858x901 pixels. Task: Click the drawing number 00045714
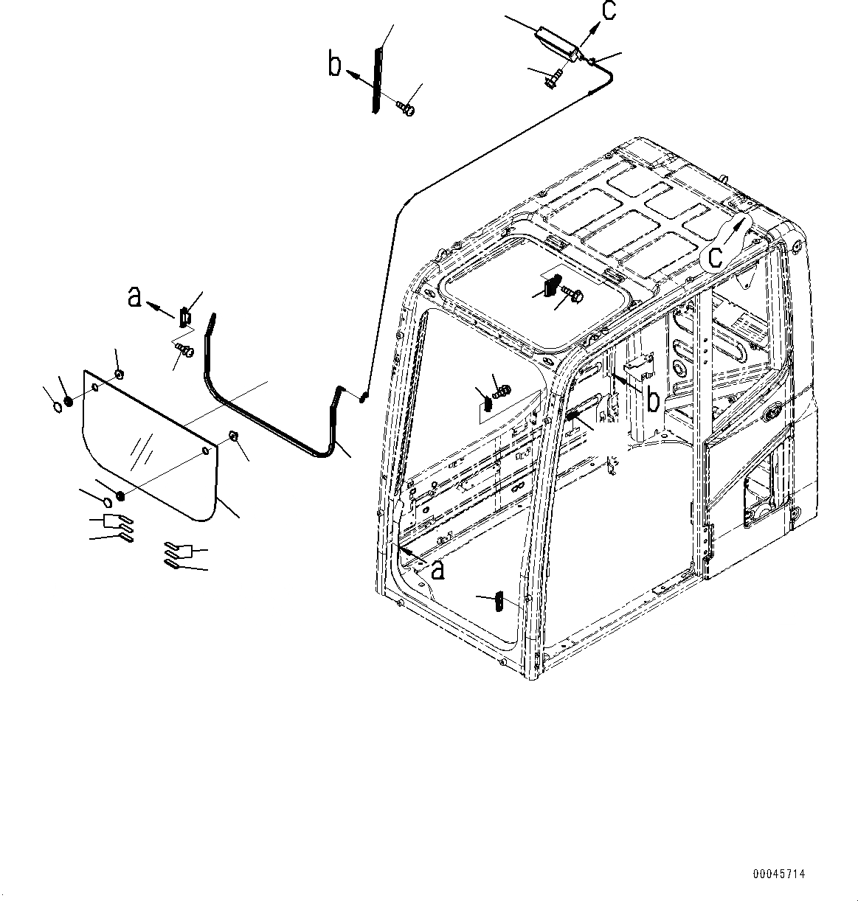click(779, 874)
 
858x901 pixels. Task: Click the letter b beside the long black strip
click(335, 66)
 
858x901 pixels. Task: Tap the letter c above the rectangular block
click(608, 13)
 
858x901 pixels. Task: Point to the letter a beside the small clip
click(134, 296)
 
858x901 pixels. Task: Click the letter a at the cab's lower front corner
click(438, 568)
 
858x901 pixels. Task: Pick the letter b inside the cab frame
click(653, 399)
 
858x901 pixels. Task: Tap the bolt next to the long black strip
click(406, 109)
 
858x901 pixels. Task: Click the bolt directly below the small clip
click(184, 350)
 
